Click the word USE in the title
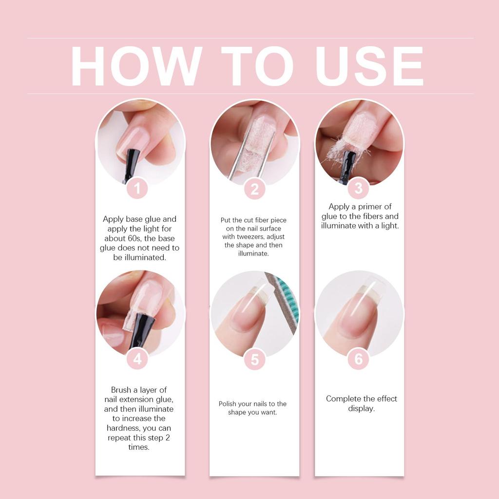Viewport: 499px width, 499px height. pyautogui.click(x=369, y=67)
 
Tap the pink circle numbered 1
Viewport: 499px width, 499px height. pyautogui.click(x=137, y=188)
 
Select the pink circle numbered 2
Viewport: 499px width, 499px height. pyautogui.click(x=254, y=189)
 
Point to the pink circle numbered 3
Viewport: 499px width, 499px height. pyautogui.click(x=359, y=188)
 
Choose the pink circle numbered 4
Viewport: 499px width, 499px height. pyautogui.click(x=137, y=359)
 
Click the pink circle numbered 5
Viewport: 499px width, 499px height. pyautogui.click(x=254, y=360)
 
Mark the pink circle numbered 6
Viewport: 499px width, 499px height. pyautogui.click(x=359, y=359)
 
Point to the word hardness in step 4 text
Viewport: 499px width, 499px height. pyautogui.click(x=124, y=428)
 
